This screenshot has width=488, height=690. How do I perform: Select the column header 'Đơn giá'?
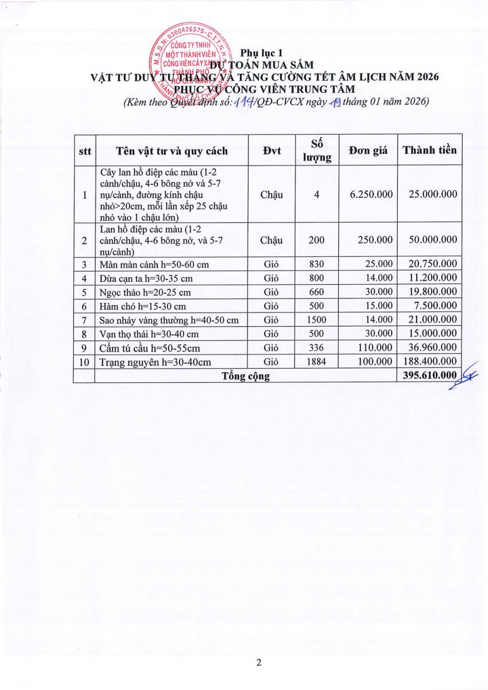click(x=368, y=151)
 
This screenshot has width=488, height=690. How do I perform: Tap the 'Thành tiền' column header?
click(x=429, y=150)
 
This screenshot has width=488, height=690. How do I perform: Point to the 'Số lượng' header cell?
click(x=317, y=151)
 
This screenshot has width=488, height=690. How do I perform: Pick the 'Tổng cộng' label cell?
click(x=246, y=376)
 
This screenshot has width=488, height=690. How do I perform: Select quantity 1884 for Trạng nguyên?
click(x=317, y=362)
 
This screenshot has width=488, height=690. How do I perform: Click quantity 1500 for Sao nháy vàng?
click(x=317, y=320)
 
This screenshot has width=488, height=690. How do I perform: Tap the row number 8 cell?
click(x=84, y=333)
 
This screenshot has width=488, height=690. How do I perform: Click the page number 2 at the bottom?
click(x=258, y=663)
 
